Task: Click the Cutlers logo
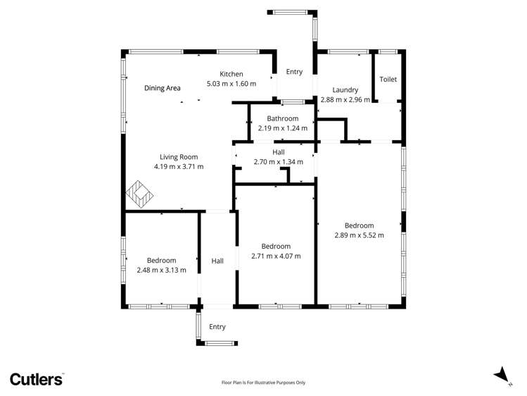click(37, 379)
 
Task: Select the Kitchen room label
click(231, 74)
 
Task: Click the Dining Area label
click(163, 88)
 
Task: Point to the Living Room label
click(179, 156)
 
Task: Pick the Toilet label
click(388, 79)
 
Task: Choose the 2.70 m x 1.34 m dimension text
click(279, 161)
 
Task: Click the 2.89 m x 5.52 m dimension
click(359, 235)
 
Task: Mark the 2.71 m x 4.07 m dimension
click(276, 256)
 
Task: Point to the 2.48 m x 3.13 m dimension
click(162, 270)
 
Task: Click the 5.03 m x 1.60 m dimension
click(231, 84)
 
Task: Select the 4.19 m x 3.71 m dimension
click(179, 166)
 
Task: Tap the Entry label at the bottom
click(217, 326)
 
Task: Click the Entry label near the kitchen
click(294, 72)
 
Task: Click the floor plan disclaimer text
click(264, 383)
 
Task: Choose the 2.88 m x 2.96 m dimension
click(345, 99)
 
